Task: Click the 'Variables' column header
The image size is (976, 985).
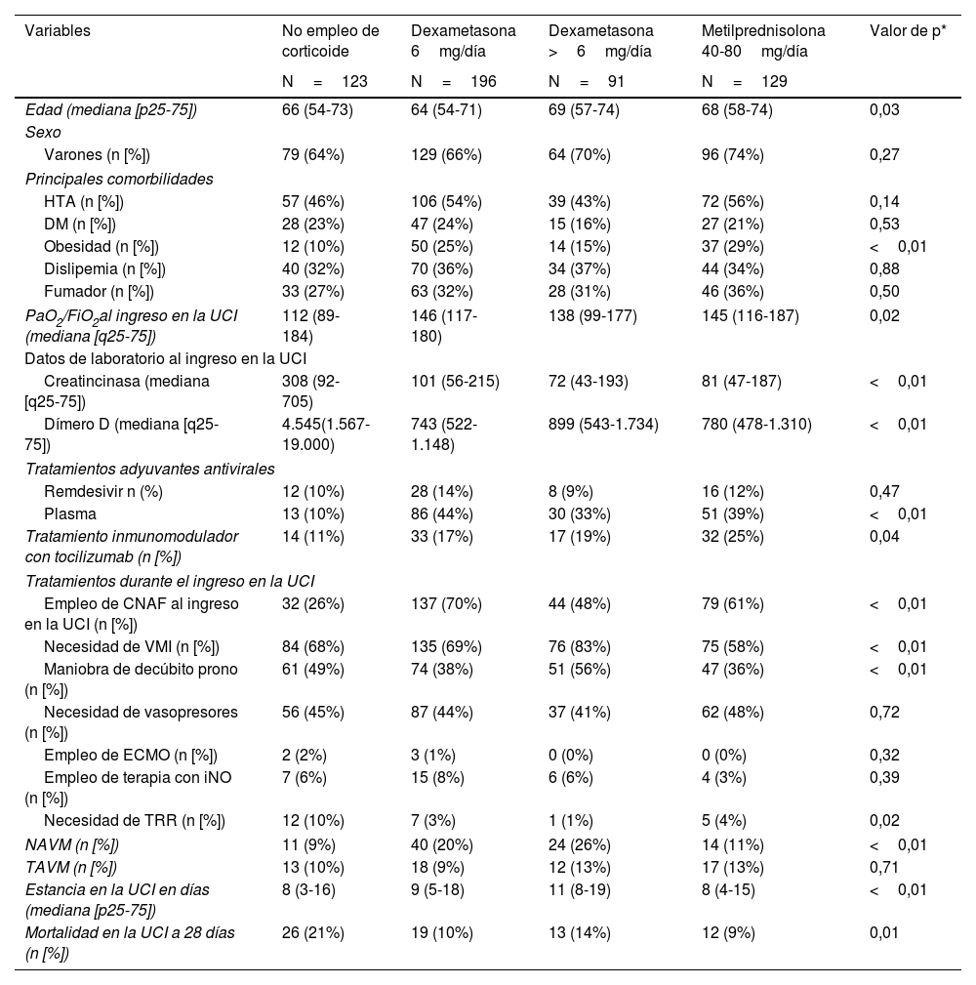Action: tap(58, 30)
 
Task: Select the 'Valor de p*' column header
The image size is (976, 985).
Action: tap(908, 30)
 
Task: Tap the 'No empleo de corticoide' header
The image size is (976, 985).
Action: tap(330, 40)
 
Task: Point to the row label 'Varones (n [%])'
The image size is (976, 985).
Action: tap(97, 154)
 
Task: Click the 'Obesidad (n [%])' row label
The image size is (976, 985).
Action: tap(101, 246)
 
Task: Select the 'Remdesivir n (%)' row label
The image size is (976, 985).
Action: tap(102, 491)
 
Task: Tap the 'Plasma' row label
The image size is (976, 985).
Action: tap(70, 513)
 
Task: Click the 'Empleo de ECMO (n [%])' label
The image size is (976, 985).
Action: tap(130, 755)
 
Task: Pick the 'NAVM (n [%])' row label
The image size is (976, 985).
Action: tap(71, 844)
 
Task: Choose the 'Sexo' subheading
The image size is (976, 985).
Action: tap(43, 131)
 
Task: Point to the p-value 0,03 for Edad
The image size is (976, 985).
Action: tap(884, 109)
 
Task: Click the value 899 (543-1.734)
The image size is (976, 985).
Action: tap(603, 424)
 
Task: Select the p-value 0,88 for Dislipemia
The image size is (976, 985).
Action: tap(884, 268)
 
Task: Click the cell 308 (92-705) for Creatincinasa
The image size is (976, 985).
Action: tap(310, 390)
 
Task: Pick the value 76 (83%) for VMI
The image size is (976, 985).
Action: tap(579, 646)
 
